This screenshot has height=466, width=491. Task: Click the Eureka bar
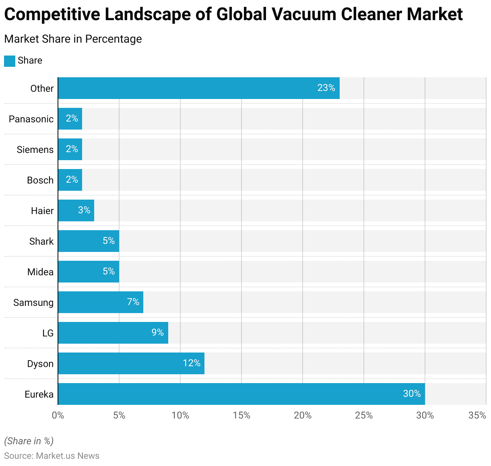click(241, 394)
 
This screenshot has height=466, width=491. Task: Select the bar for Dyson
click(131, 363)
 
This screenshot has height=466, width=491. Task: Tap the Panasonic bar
click(70, 119)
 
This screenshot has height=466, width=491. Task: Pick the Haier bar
click(76, 210)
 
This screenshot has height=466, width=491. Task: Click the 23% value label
click(326, 88)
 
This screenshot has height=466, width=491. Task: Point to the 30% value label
click(412, 394)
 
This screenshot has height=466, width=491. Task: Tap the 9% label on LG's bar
click(157, 332)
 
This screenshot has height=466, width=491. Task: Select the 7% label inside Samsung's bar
click(133, 302)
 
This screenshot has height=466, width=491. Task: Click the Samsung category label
click(33, 303)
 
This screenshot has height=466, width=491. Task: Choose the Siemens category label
click(35, 150)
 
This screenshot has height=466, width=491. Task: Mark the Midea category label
click(40, 272)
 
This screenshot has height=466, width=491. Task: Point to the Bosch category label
click(40, 180)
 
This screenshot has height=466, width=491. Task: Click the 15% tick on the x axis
click(241, 415)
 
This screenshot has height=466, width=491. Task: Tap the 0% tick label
click(58, 415)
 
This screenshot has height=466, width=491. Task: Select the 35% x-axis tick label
click(477, 415)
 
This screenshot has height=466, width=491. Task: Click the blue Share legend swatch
click(10, 61)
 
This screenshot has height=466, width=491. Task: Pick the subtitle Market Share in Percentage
click(73, 39)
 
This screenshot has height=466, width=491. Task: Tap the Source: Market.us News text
click(52, 456)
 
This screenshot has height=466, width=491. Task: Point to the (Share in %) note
click(29, 441)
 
